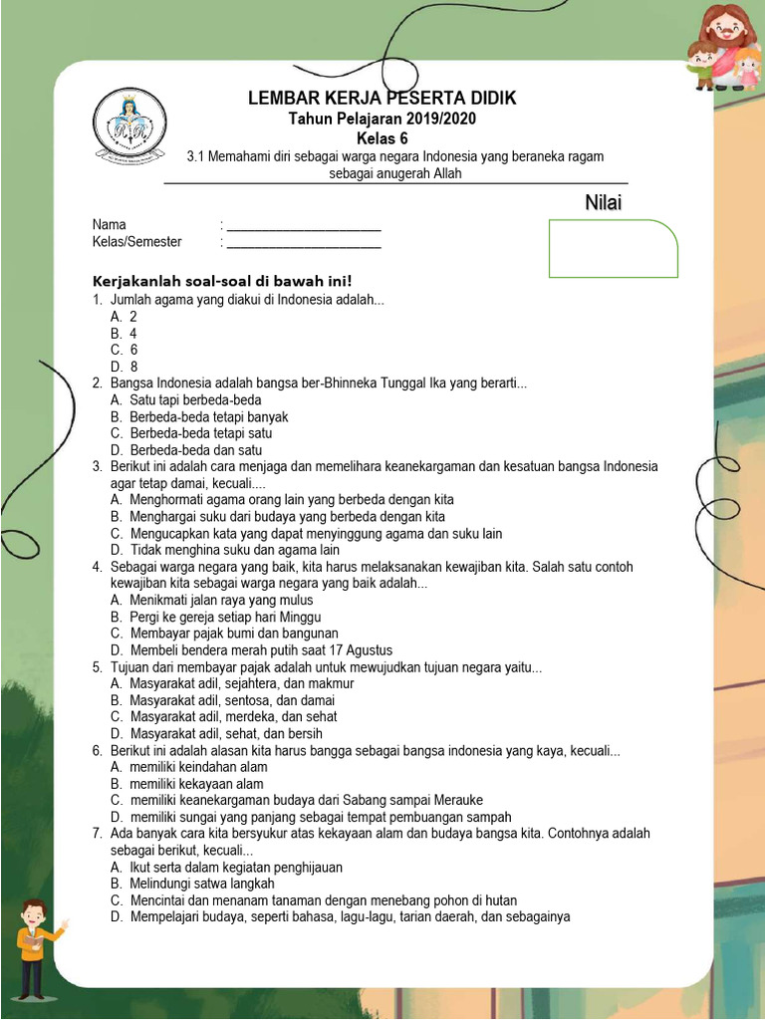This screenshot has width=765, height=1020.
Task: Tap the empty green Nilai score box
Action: click(614, 248)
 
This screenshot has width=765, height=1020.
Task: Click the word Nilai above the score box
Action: click(603, 204)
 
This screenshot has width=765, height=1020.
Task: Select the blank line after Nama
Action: click(304, 225)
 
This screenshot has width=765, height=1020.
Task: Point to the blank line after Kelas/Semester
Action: click(304, 242)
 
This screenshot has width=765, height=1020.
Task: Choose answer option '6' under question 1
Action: click(133, 350)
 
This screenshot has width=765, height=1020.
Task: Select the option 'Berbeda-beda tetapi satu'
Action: click(200, 433)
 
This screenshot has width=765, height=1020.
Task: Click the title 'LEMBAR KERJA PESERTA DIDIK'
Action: click(382, 98)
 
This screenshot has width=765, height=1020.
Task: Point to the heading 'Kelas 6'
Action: click(382, 138)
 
